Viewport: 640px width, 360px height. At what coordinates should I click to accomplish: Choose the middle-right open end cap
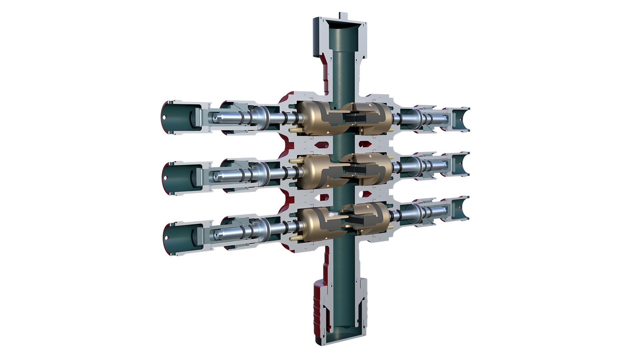[x=460, y=164]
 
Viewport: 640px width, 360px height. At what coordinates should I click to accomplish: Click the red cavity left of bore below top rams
[x=323, y=145]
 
